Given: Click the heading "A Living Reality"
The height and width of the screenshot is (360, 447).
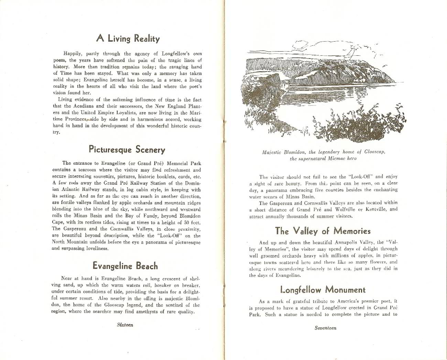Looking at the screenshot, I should coord(128,39).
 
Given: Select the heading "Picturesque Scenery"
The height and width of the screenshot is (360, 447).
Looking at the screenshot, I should coord(127,150).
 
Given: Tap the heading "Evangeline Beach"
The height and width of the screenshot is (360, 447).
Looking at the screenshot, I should coord(125,266).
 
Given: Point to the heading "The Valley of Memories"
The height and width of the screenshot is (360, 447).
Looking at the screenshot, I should coord(323,231).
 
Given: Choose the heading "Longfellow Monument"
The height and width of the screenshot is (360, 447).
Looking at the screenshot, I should coord(323,290).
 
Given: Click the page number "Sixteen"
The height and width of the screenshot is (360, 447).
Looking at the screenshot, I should coord(125,325).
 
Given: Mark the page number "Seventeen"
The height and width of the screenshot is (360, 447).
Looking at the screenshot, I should coord(325,328).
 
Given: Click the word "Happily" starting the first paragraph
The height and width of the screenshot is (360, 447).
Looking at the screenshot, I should coord(72,54).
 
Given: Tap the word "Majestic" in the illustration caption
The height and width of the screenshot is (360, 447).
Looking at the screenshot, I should coord(271,152).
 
